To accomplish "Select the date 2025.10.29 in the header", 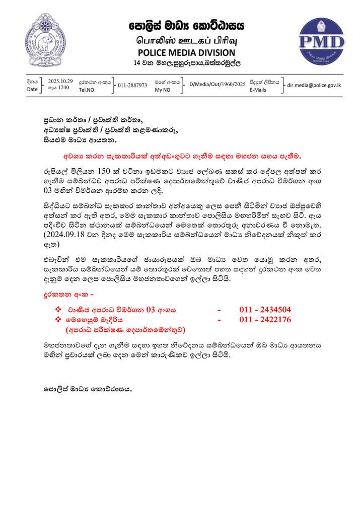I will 61,81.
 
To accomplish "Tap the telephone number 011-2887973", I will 132,85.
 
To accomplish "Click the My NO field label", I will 163,90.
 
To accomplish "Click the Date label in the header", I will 33,90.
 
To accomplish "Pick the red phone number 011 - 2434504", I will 265,310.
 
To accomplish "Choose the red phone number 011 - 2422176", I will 265,320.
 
